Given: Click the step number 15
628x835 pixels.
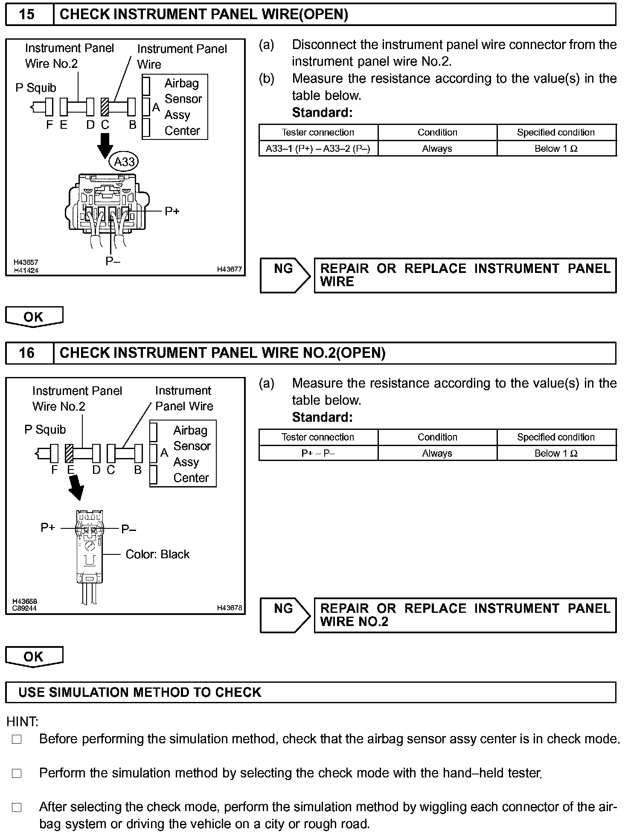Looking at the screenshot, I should [26, 14].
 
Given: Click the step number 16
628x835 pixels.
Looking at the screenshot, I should [26, 353].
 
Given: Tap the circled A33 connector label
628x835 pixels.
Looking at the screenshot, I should [124, 162].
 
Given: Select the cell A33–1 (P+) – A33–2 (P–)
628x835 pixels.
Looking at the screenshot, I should [318, 149].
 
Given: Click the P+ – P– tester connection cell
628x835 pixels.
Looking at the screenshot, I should [318, 453].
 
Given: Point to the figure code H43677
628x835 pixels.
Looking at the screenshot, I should [230, 269].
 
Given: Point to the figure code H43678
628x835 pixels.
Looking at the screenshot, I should [230, 608].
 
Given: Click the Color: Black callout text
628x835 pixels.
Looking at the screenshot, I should [157, 554].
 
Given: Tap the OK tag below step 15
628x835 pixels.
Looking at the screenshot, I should [34, 317].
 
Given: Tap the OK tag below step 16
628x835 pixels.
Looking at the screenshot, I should [34, 656].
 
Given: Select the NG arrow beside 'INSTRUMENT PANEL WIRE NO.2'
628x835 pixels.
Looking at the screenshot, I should [285, 615].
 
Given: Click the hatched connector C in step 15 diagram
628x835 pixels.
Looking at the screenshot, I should [105, 107].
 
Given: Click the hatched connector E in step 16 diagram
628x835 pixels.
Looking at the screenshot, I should [69, 453].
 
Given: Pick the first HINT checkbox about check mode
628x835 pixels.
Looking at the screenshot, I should [17, 739].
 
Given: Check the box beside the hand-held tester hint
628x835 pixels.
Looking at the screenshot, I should [17, 773].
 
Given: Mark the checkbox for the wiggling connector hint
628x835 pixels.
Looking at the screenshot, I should [17, 807].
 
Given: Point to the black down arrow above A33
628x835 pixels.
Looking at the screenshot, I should [105, 145].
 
